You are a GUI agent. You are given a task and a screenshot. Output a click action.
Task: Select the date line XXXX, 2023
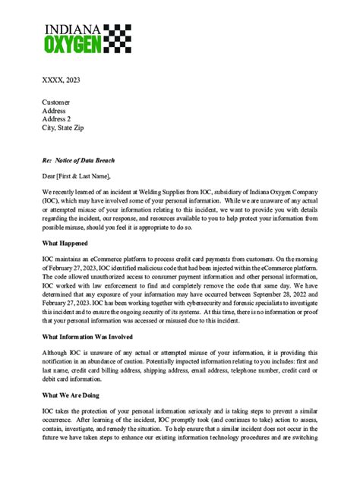point(60,78)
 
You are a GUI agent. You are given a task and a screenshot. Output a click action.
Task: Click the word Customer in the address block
point(55,102)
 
